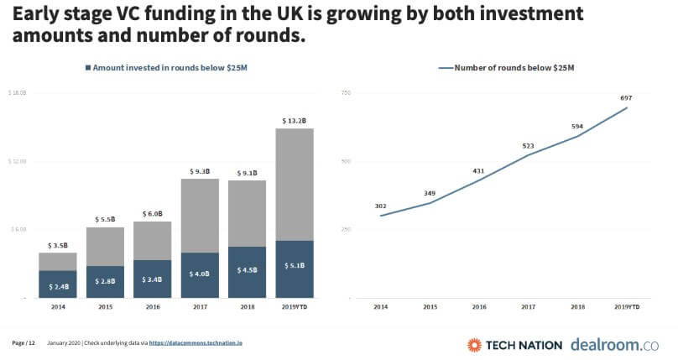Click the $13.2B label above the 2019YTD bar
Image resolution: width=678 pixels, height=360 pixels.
pos(295,120)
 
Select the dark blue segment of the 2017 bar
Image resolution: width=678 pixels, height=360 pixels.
pos(200,274)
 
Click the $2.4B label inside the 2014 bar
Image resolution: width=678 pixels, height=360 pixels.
pos(58,286)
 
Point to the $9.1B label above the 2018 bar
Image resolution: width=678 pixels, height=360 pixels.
pos(248,174)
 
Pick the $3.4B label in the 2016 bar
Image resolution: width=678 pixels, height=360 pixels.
pos(153,280)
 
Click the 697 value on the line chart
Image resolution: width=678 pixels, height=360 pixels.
pos(625,98)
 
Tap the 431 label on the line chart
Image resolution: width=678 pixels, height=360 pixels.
pos(478,170)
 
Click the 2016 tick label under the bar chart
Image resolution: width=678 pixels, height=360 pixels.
pos(153,307)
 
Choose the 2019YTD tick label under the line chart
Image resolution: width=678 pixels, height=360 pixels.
pos(626,307)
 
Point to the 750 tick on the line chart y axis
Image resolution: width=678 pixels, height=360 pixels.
pos(345,91)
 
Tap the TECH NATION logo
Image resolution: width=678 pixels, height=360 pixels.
pos(512,344)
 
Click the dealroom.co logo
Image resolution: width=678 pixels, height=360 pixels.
pos(614,344)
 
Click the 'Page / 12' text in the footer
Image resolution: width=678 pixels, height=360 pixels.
pos(23,343)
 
